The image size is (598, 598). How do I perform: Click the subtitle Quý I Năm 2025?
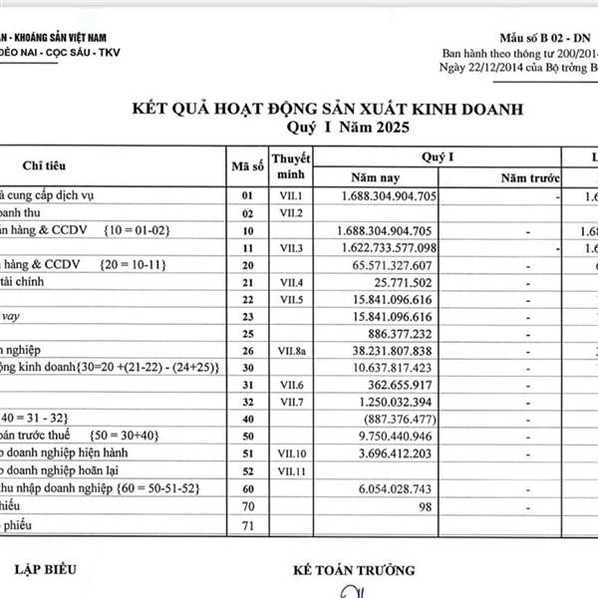point(343,127)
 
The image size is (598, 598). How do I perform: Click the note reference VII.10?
point(291,452)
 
